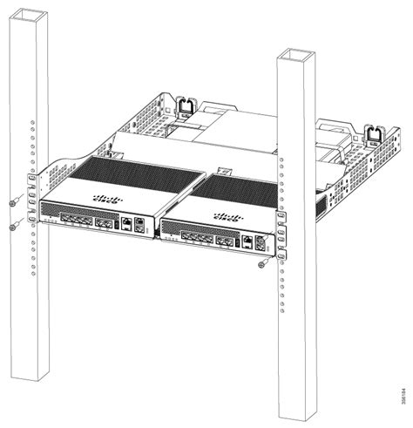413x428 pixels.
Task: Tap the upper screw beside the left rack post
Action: (12, 202)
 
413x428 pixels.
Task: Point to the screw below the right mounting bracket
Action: (262, 265)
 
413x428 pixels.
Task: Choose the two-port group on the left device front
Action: (105, 222)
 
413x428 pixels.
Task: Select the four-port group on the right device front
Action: (201, 238)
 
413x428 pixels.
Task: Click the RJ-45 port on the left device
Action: (127, 224)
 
